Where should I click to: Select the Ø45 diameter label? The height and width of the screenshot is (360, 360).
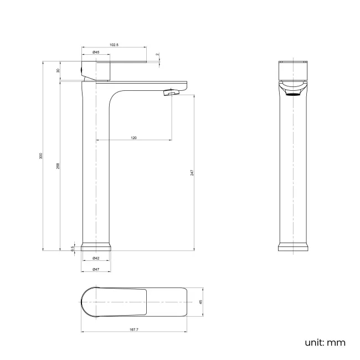96,52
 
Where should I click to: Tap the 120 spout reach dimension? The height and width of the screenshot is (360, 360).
133,137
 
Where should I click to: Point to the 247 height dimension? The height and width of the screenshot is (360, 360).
192,172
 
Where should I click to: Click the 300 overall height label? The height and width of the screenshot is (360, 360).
40,157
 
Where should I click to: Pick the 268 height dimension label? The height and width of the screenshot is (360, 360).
58,166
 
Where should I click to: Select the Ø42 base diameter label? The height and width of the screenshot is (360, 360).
96,259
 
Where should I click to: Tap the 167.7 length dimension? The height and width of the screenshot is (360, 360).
133,330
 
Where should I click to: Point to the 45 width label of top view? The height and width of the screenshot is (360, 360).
202,302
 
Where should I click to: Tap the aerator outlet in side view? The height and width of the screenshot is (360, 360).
169,93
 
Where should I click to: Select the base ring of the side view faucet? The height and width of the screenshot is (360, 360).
96,247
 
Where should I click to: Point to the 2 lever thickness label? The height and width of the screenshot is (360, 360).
157,55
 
